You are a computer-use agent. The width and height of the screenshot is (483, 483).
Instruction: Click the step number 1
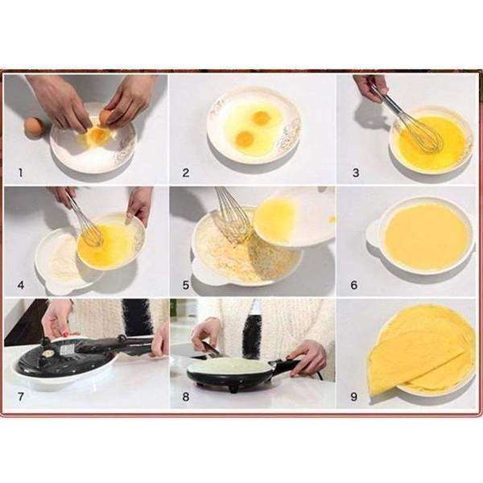click(x=20, y=171)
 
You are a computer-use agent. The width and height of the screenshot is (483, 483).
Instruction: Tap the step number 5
click(x=186, y=283)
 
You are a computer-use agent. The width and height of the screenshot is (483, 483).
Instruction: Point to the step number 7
click(x=20, y=395)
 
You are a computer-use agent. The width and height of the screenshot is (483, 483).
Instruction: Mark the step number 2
click(x=186, y=171)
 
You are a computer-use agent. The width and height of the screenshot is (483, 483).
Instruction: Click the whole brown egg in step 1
click(x=34, y=126)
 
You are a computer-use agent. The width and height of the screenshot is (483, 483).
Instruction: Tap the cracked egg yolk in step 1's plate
click(x=98, y=135)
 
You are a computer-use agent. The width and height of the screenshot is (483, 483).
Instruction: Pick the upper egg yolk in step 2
click(x=260, y=118)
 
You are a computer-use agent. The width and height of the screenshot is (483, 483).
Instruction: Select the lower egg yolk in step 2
click(x=245, y=139)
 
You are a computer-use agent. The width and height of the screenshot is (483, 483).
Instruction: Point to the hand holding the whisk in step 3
click(x=369, y=87)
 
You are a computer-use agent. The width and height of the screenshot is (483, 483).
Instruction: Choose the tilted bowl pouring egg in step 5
click(x=294, y=216)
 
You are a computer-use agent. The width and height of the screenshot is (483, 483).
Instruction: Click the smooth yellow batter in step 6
click(x=427, y=237)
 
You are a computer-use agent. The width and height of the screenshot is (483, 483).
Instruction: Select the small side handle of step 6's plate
click(x=374, y=233)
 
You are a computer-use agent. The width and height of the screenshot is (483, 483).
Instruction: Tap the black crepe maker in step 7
click(x=68, y=358)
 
